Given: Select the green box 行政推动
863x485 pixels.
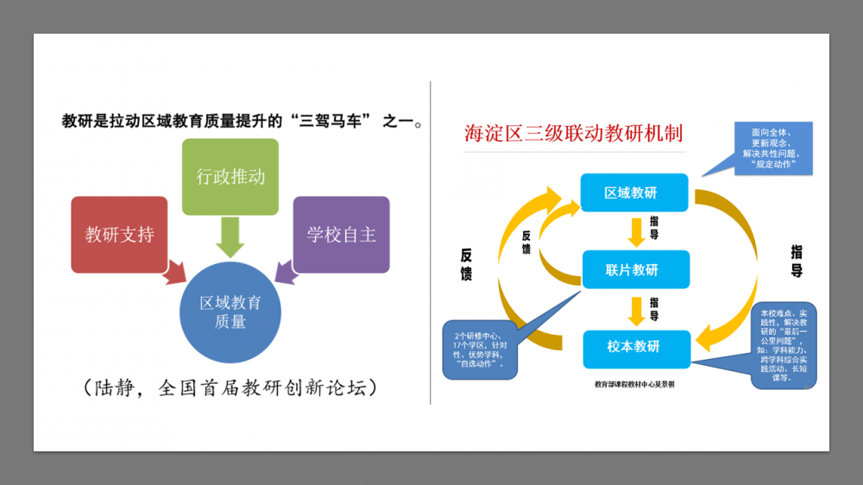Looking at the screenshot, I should tap(230, 177).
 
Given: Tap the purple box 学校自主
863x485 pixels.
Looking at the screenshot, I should tap(341, 234).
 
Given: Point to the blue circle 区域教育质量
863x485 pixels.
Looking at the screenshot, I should tap(230, 312).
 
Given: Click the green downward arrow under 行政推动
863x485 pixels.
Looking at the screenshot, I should tap(230, 236).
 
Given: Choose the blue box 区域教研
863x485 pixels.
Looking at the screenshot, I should tap(634, 192).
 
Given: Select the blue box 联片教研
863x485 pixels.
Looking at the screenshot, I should tap(634, 269).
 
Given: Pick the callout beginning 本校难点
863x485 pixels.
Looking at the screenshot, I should tap(784, 345).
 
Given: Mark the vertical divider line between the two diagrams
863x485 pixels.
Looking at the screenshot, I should tap(431, 242).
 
